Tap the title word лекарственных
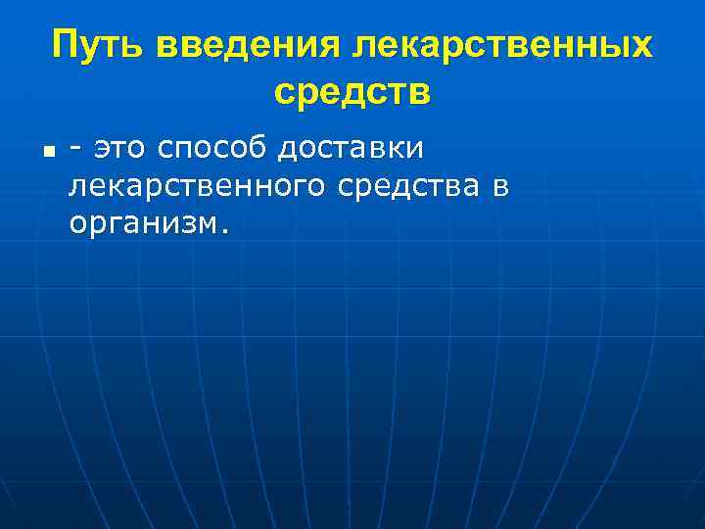(501, 44)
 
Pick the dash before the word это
(75, 150)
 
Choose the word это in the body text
(119, 149)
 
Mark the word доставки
(351, 149)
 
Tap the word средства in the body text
(412, 186)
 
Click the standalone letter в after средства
(500, 187)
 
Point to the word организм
(146, 224)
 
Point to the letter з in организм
(179, 223)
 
